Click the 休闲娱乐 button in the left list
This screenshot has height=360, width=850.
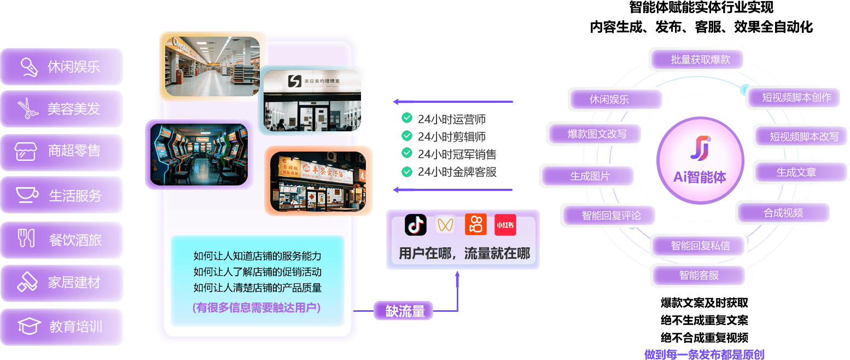61,67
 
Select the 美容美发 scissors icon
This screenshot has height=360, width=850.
26,108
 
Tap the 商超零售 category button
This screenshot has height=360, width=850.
61,152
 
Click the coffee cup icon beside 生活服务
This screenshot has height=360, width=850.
26,195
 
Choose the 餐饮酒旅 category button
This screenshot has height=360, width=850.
61,240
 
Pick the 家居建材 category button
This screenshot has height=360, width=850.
61,283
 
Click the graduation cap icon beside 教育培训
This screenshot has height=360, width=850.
29,327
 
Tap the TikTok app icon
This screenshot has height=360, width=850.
416,225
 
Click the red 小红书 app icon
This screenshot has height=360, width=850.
505,225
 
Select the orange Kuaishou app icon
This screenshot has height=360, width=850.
475,225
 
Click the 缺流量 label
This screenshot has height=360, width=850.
405,311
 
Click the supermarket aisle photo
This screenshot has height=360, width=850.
213,66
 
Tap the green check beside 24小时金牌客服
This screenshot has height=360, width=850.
406,172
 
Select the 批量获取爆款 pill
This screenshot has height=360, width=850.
700,60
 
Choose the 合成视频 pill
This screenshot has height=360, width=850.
783,213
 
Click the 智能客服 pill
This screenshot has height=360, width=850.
698,275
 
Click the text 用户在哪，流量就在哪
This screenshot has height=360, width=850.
464,253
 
